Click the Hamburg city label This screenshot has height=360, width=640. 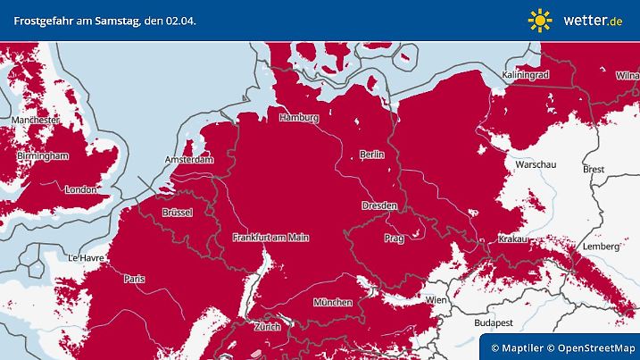coord(299,118)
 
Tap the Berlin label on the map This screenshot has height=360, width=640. coord(371,155)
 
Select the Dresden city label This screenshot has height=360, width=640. coord(379,205)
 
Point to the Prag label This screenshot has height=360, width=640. coord(394,239)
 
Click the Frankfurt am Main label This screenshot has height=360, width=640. coord(270,238)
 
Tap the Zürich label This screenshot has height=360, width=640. coord(267,327)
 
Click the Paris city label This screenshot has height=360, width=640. coord(135,279)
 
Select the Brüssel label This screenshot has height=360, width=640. coord(178,213)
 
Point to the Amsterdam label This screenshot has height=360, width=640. coord(189,160)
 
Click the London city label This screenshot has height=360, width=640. coord(80,189)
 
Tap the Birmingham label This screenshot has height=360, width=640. coord(42,155)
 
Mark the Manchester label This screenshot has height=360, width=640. coord(36,120)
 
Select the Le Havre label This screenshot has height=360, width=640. coord(87,257)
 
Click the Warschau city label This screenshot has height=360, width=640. coord(536,165)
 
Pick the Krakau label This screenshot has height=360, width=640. coord(514,239)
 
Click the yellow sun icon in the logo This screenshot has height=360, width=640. coord(540,20)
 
